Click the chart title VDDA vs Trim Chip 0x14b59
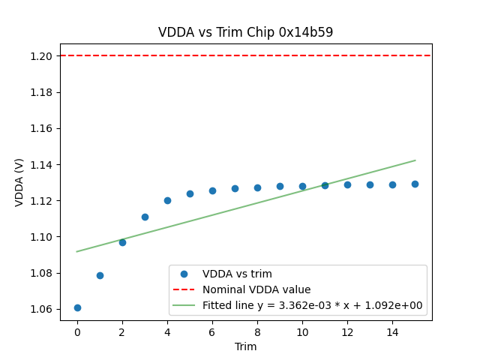245,32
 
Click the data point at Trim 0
77,307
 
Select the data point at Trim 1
100,275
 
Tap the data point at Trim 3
145,217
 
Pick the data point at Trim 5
190,193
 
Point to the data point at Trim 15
415,184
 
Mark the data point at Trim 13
370,184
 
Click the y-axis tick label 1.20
41,56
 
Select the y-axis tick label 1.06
41,309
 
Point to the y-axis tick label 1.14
41,165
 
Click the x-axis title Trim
245,346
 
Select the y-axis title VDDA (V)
19,182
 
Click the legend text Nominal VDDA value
256,289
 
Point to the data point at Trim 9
280,186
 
